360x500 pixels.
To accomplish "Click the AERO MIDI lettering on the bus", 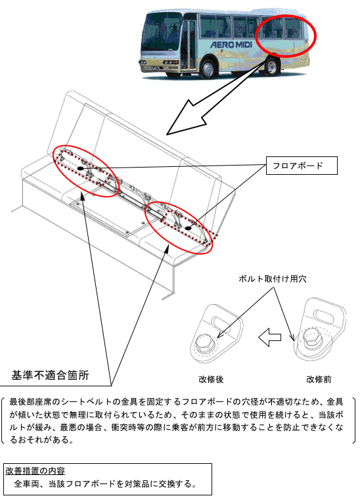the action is [x=231, y=44].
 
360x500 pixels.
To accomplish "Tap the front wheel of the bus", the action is [x=208, y=68].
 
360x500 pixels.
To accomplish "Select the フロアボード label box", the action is [x=302, y=166].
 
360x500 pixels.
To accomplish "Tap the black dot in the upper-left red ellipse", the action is [x=80, y=168].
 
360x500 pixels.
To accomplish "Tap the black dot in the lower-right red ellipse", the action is [x=188, y=228].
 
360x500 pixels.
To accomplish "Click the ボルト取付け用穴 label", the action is [x=273, y=279].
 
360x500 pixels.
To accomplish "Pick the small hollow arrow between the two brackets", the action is [x=270, y=337].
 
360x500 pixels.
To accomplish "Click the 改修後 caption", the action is [x=211, y=380].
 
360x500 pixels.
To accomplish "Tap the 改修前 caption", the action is [x=319, y=380].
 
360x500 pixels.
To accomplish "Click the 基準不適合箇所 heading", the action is [x=50, y=375].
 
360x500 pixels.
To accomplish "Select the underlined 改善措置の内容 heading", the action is [x=35, y=470].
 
